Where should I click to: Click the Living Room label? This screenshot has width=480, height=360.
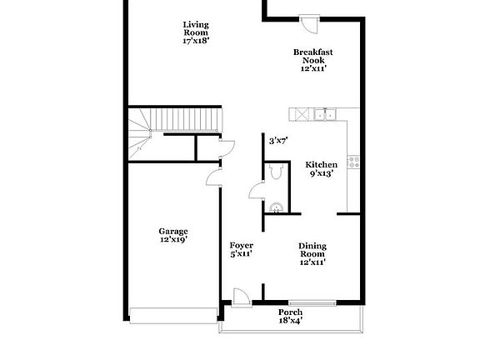click(x=196, y=32)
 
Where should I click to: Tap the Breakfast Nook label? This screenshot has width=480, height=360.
click(x=313, y=60)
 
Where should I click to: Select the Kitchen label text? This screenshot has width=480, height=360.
click(x=321, y=169)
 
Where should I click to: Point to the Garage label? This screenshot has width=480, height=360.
click(x=173, y=235)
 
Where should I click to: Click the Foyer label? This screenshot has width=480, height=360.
click(x=241, y=249)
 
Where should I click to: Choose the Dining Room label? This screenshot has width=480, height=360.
click(x=312, y=253)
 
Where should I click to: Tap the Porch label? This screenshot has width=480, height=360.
click(x=289, y=315)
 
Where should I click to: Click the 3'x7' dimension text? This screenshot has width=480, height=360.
click(x=278, y=141)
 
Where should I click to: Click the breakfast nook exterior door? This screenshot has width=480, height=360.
click(x=309, y=23)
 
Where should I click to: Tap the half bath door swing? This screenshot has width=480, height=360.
click(x=255, y=191)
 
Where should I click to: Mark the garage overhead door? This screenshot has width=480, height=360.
click(x=173, y=314)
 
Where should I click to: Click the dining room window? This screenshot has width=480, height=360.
click(x=307, y=302)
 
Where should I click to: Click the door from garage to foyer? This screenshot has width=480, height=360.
click(x=212, y=176)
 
